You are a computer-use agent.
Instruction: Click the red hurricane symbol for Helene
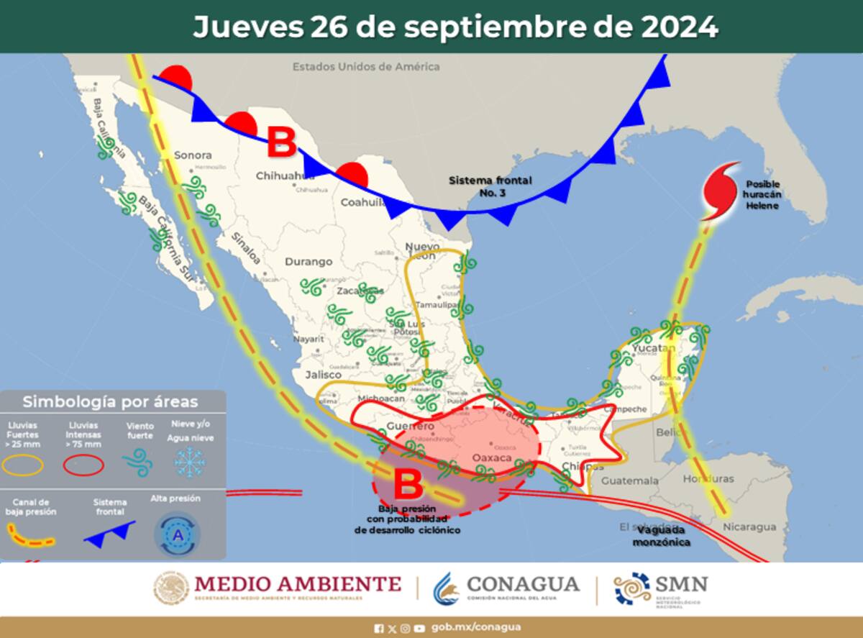[720, 190]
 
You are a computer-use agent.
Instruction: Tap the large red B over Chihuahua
[281, 142]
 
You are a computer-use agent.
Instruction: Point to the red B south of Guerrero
[408, 484]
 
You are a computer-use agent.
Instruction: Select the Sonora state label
[193, 155]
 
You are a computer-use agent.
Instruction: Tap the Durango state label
[309, 262]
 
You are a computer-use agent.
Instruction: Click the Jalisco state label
[322, 375]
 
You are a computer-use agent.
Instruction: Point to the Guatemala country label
[630, 480]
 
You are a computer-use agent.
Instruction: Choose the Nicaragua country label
[750, 527]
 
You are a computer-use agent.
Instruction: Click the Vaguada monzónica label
[662, 535]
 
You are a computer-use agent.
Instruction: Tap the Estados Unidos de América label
[365, 67]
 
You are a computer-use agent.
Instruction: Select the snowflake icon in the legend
[190, 462]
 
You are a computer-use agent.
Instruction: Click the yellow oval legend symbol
[24, 466]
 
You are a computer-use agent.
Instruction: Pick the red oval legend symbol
[84, 466]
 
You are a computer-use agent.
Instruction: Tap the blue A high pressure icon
[177, 534]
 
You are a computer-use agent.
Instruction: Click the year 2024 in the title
[677, 27]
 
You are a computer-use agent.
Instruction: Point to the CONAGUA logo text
[522, 583]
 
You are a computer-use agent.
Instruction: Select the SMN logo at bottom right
[660, 588]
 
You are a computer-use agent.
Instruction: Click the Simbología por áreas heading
[110, 401]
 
